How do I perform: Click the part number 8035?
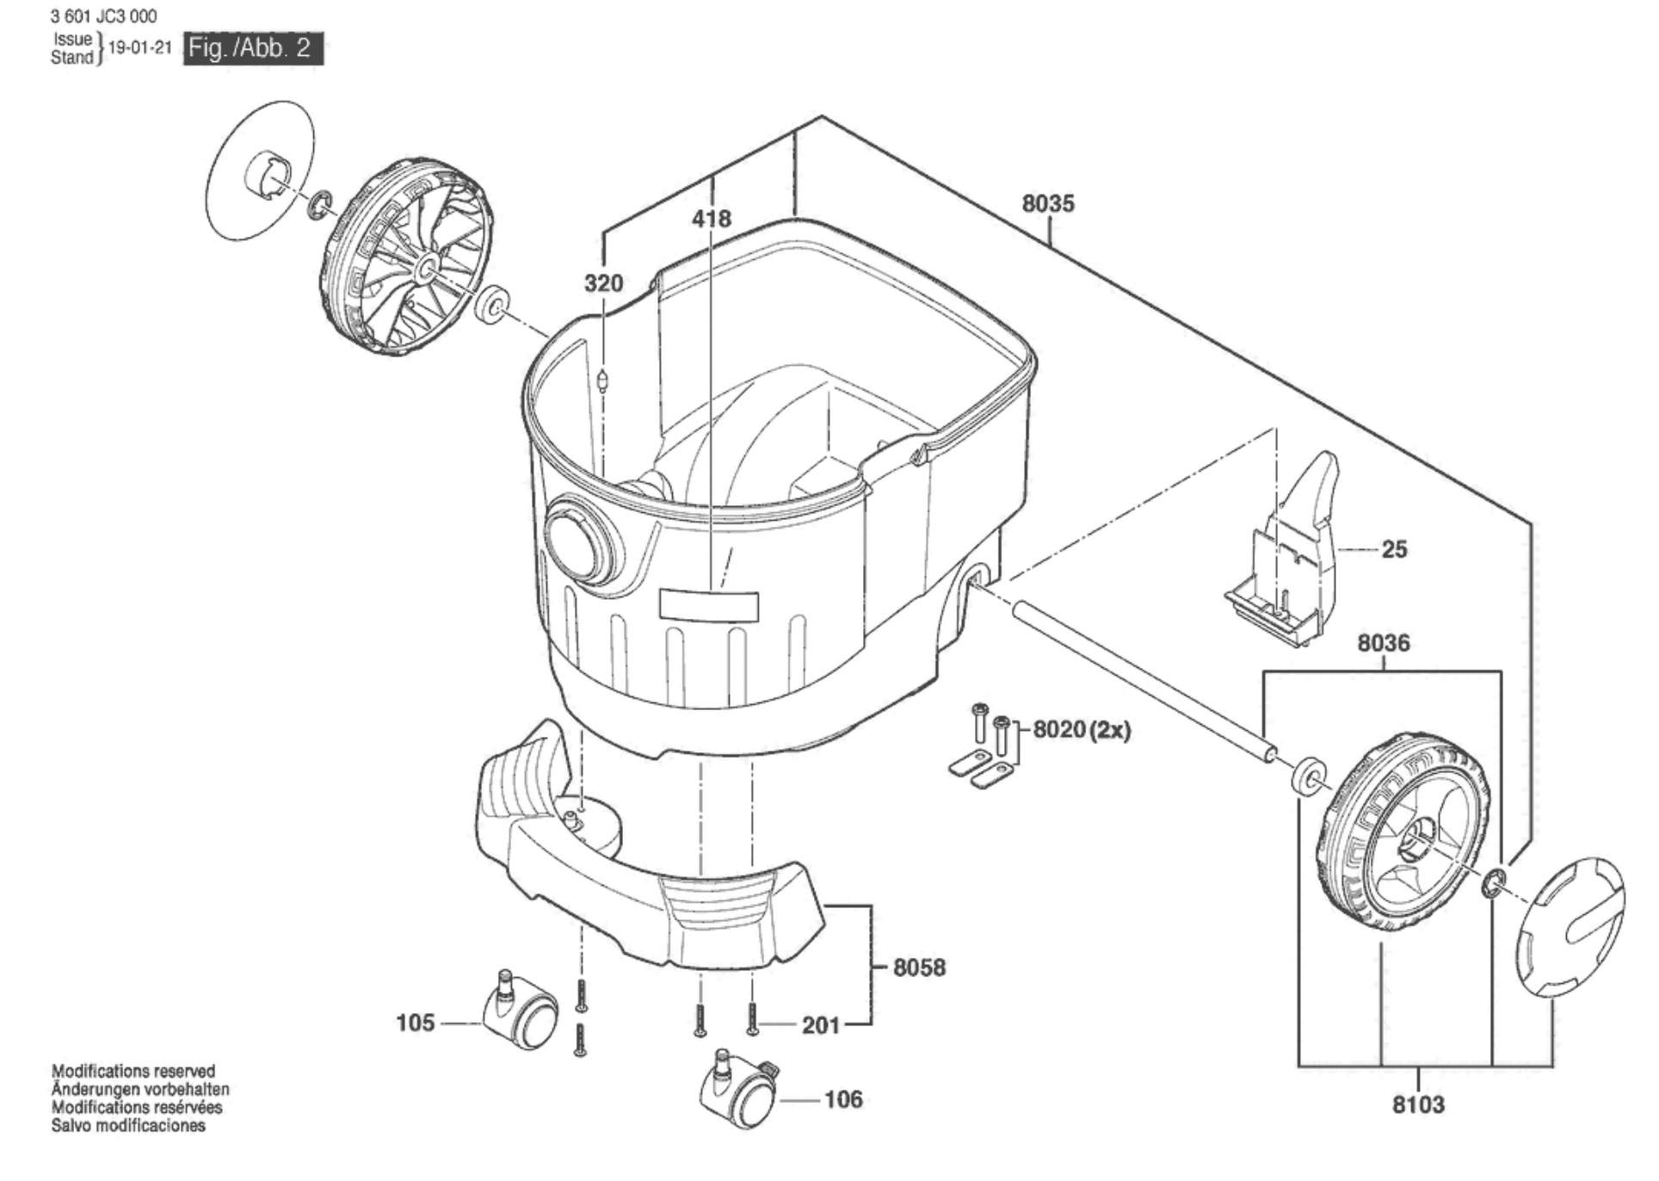(1048, 204)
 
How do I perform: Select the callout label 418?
(712, 219)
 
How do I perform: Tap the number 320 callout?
(603, 283)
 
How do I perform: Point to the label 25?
(1394, 549)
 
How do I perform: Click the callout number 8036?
(1384, 643)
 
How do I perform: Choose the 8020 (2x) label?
(1082, 730)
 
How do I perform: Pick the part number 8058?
(919, 968)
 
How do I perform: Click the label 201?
(821, 1025)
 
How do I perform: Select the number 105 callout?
(415, 1023)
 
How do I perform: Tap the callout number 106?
(843, 1099)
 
